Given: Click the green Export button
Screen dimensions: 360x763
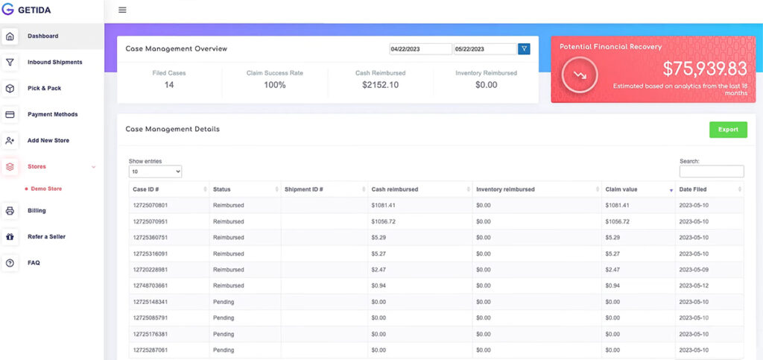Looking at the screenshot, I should click(x=728, y=129).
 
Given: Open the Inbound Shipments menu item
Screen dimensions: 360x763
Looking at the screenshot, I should click(x=54, y=63).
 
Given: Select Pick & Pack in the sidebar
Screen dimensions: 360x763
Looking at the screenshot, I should click(x=44, y=89).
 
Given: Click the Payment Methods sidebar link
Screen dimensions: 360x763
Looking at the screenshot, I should click(x=52, y=115).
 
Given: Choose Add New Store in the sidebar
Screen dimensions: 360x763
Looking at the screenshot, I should click(x=49, y=140).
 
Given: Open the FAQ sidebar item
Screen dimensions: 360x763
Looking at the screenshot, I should click(x=34, y=263).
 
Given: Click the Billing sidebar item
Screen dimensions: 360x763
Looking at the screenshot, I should click(x=37, y=211).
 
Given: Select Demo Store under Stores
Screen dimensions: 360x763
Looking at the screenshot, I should click(x=46, y=189).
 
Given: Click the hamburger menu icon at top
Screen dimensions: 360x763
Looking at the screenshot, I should click(x=122, y=10).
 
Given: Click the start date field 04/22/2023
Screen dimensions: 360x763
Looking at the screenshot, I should click(x=420, y=49).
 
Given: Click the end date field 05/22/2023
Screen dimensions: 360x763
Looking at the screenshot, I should click(x=485, y=49).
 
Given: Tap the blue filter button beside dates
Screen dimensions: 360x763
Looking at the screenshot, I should click(x=524, y=49).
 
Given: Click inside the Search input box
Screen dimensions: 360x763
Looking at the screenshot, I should click(x=711, y=171).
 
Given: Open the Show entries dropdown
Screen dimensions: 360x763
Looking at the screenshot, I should click(x=155, y=171).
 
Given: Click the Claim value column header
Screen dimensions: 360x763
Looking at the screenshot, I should click(x=621, y=189).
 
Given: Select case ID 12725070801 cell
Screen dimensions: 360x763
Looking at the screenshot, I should click(x=151, y=205).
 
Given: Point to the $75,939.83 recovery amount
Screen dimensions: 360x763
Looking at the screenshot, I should click(x=704, y=69).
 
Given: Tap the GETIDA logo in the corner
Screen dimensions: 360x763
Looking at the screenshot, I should click(x=31, y=10).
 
